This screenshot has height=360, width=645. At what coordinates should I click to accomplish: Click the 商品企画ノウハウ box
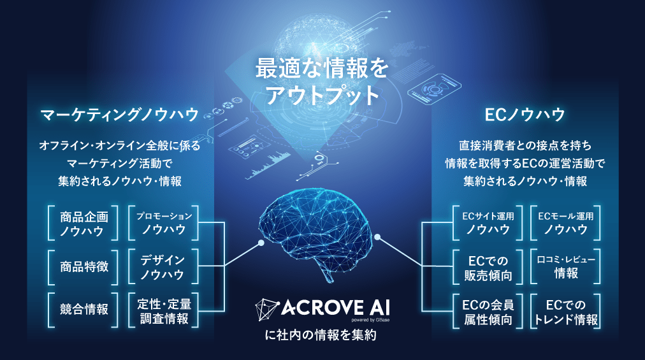(x=83, y=223)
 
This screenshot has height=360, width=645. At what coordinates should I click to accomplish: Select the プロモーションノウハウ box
(x=163, y=223)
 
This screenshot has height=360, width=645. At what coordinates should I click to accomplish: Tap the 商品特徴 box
(x=83, y=267)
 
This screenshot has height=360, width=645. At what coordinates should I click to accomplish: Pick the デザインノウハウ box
(x=163, y=267)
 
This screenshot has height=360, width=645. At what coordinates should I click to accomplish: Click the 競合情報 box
(x=83, y=310)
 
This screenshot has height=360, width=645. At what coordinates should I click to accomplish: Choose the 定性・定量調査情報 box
(x=163, y=310)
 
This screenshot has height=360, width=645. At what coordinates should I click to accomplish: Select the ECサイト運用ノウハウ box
(x=488, y=223)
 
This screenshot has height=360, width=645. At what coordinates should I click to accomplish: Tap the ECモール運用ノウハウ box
(x=565, y=223)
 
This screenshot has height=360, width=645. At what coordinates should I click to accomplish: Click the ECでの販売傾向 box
(x=488, y=267)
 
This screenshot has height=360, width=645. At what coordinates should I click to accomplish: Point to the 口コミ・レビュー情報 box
(x=565, y=267)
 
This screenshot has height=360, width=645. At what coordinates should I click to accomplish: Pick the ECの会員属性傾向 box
(x=488, y=311)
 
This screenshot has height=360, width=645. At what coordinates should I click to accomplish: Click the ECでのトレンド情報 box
(x=565, y=311)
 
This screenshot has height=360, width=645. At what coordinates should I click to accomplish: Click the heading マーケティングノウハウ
(x=120, y=115)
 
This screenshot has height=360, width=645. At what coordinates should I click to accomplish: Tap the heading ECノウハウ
(x=525, y=115)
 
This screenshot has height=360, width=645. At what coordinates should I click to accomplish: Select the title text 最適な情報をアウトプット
(x=322, y=82)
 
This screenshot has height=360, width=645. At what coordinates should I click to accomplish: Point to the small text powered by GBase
(x=370, y=320)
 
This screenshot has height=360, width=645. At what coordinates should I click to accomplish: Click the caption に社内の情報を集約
(x=321, y=335)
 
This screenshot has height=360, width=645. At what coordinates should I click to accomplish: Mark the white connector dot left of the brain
(x=261, y=243)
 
